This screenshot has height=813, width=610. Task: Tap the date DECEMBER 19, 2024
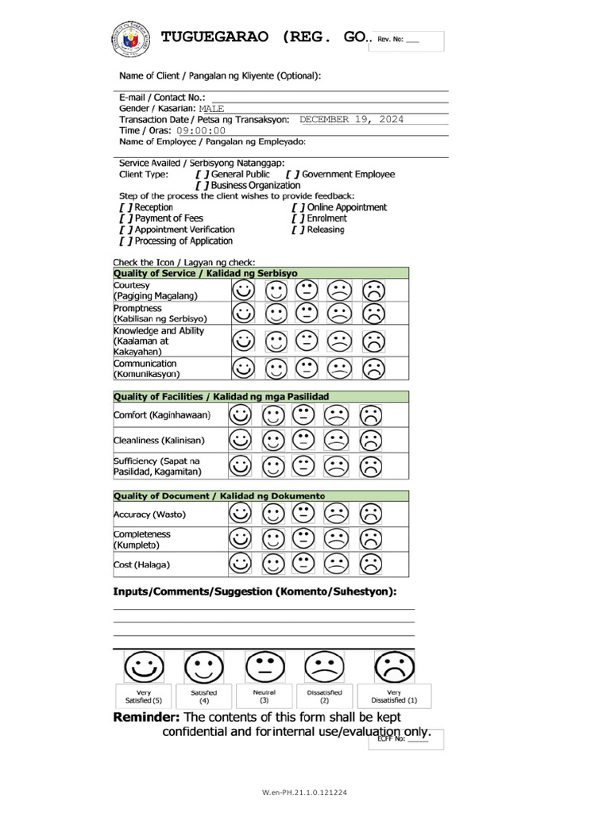point(351,119)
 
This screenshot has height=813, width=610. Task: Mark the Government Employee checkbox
point(293,174)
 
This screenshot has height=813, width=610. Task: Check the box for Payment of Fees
point(125,218)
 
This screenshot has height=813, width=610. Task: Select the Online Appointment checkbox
point(297,207)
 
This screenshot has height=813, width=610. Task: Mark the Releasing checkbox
point(297,229)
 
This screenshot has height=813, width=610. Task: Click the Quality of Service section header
point(205,272)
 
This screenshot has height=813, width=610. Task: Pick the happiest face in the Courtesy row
point(244,291)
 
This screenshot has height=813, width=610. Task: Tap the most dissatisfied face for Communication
point(373,368)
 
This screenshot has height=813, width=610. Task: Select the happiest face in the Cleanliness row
point(240,440)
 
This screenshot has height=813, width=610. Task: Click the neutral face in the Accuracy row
point(303,514)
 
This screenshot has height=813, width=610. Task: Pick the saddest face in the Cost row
point(369,564)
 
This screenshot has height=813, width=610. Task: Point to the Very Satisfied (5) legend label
point(144,696)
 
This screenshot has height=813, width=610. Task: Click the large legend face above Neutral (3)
point(264,668)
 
